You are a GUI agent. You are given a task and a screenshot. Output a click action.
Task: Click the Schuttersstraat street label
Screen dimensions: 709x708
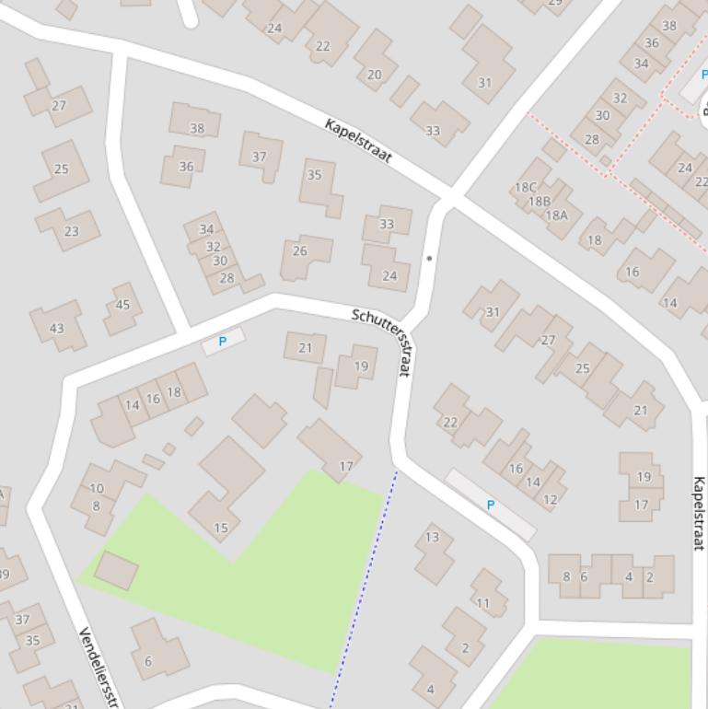click(x=380, y=341)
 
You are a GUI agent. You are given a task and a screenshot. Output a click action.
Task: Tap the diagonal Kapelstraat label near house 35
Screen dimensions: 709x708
click(x=358, y=141)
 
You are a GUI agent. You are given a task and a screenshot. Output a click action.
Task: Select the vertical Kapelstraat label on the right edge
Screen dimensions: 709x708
click(x=700, y=513)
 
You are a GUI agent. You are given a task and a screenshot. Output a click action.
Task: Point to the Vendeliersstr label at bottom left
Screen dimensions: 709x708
click(x=100, y=667)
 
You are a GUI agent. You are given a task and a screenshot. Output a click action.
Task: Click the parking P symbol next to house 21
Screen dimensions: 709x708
click(x=222, y=342)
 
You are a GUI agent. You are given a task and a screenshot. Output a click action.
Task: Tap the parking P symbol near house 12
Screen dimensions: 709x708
click(x=490, y=505)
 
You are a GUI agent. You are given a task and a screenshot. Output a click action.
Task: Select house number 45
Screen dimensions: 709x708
click(x=122, y=305)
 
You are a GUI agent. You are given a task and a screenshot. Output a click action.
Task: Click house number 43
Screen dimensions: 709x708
click(x=57, y=328)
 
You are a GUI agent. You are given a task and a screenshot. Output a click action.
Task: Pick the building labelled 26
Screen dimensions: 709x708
click(x=300, y=250)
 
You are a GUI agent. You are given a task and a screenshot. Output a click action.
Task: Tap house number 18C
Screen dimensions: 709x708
click(x=525, y=187)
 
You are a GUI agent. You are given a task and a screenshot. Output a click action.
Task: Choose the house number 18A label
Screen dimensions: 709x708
click(x=557, y=215)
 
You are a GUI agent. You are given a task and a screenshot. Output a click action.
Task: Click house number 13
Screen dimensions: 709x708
click(x=432, y=537)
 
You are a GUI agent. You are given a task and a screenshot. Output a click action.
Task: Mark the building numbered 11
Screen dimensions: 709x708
click(x=483, y=603)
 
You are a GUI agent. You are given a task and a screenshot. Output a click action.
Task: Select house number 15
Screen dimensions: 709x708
click(x=221, y=528)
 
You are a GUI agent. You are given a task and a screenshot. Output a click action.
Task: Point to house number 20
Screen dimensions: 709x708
click(x=375, y=75)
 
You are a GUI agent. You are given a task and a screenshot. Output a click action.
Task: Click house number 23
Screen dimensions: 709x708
click(x=72, y=231)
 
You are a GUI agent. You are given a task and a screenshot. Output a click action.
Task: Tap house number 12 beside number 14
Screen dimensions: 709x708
click(x=551, y=500)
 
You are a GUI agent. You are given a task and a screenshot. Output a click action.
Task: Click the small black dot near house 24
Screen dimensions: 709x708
click(x=429, y=258)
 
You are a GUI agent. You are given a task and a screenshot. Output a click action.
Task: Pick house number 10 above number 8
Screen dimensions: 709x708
click(x=97, y=488)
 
